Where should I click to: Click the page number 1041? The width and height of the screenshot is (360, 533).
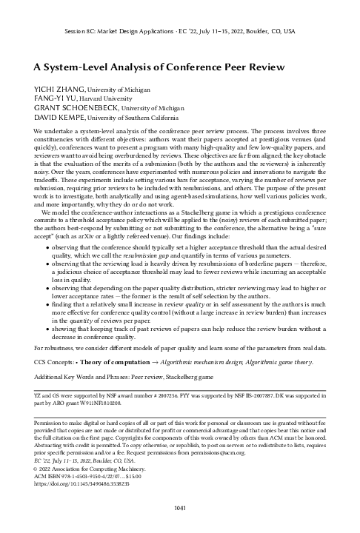(179, 507)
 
